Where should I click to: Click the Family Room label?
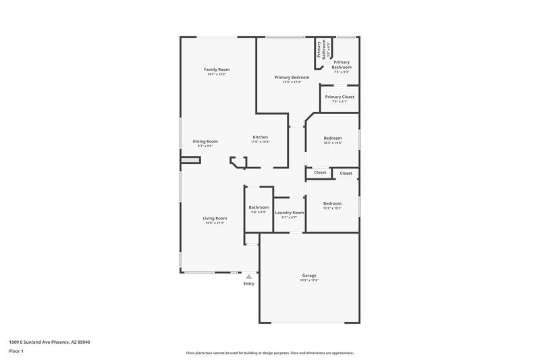(217, 70)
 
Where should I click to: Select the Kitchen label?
(260, 137)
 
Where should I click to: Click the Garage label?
(309, 275)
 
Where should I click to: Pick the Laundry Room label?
(289, 213)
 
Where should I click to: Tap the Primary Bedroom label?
(292, 77)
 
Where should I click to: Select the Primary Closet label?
(339, 97)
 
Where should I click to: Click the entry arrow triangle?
(249, 276)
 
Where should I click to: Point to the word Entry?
(249, 283)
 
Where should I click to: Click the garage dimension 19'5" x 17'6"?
(309, 280)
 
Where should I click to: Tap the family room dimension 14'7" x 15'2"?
(217, 74)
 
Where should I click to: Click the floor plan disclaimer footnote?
(269, 353)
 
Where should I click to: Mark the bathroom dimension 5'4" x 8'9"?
(259, 212)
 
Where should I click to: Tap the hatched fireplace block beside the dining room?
(190, 160)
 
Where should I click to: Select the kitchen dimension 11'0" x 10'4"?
(260, 142)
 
